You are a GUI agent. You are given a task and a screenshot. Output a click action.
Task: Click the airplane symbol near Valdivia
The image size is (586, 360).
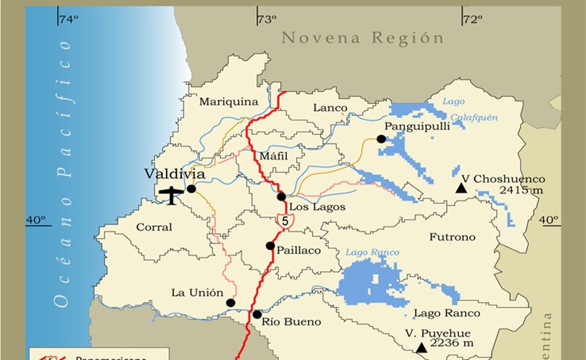click(172, 194)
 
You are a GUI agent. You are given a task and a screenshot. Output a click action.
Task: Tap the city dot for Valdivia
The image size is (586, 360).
click(191, 189)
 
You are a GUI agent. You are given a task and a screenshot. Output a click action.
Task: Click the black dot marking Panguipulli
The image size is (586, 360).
click(381, 139)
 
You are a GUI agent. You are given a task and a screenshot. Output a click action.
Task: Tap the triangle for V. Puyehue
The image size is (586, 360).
click(421, 347)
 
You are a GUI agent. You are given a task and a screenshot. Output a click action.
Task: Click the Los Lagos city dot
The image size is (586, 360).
click(281, 197)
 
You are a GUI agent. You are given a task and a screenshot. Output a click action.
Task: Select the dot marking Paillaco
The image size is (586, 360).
click(270, 246)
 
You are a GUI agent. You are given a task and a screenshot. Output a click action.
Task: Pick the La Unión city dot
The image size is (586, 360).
click(230, 303)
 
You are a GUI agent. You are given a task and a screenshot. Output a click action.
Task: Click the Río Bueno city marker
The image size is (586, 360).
click(257, 314)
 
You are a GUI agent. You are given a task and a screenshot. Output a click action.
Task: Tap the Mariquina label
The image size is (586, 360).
click(229, 102)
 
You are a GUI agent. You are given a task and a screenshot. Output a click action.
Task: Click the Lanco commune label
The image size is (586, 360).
click(330, 108)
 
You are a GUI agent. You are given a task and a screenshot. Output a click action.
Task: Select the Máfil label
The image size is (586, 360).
click(273, 156)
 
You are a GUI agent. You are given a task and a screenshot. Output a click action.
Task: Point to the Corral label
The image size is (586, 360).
click(154, 227)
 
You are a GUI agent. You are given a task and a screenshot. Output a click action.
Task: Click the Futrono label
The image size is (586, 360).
click(452, 237)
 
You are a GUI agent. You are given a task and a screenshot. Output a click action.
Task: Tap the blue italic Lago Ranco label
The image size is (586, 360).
click(372, 253)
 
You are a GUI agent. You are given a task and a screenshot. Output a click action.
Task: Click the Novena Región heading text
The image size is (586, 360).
click(362, 39)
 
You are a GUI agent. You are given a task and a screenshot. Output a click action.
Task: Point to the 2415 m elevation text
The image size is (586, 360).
click(521, 190)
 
